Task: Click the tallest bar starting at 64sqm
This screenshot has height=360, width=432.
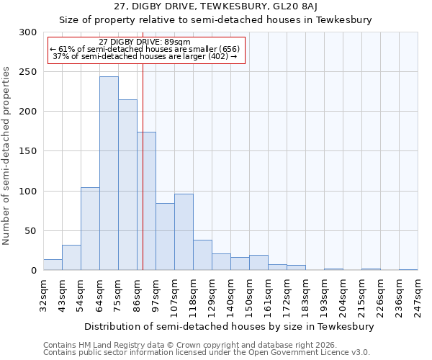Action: click(109, 174)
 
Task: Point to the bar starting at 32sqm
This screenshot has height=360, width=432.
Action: click(53, 265)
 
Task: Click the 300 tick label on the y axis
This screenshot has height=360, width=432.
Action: click(28, 32)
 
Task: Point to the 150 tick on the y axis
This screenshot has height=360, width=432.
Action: click(28, 152)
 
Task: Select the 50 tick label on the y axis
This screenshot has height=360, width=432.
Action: click(31, 231)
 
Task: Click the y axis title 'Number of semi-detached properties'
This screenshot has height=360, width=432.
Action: click(7, 156)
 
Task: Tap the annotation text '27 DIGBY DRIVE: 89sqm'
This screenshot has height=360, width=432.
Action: click(145, 42)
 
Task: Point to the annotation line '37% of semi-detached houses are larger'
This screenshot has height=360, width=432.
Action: click(145, 56)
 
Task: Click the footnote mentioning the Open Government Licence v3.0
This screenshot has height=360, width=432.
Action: click(207, 353)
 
